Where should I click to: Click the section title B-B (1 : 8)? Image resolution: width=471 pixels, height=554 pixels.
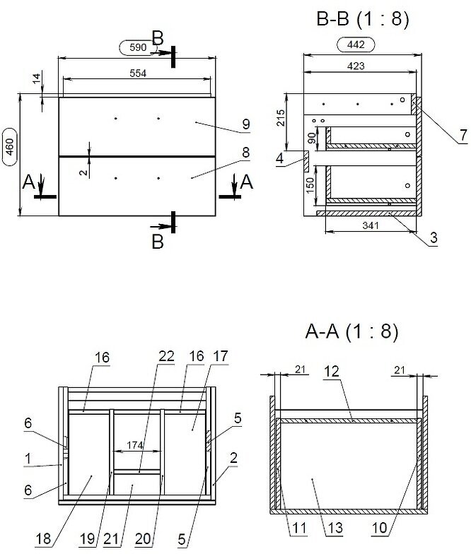[363, 20]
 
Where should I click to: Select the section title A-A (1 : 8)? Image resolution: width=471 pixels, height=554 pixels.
[351, 331]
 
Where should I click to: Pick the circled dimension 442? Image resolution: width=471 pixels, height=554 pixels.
[357, 45]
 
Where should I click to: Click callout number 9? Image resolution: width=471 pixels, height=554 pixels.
[245, 125]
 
